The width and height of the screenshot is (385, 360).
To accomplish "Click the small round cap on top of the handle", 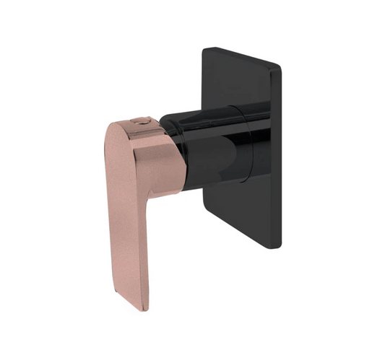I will coord(142,123).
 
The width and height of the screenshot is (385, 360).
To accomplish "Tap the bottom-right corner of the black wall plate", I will coord(277,245).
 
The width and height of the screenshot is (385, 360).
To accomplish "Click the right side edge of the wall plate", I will coord(277,159).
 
